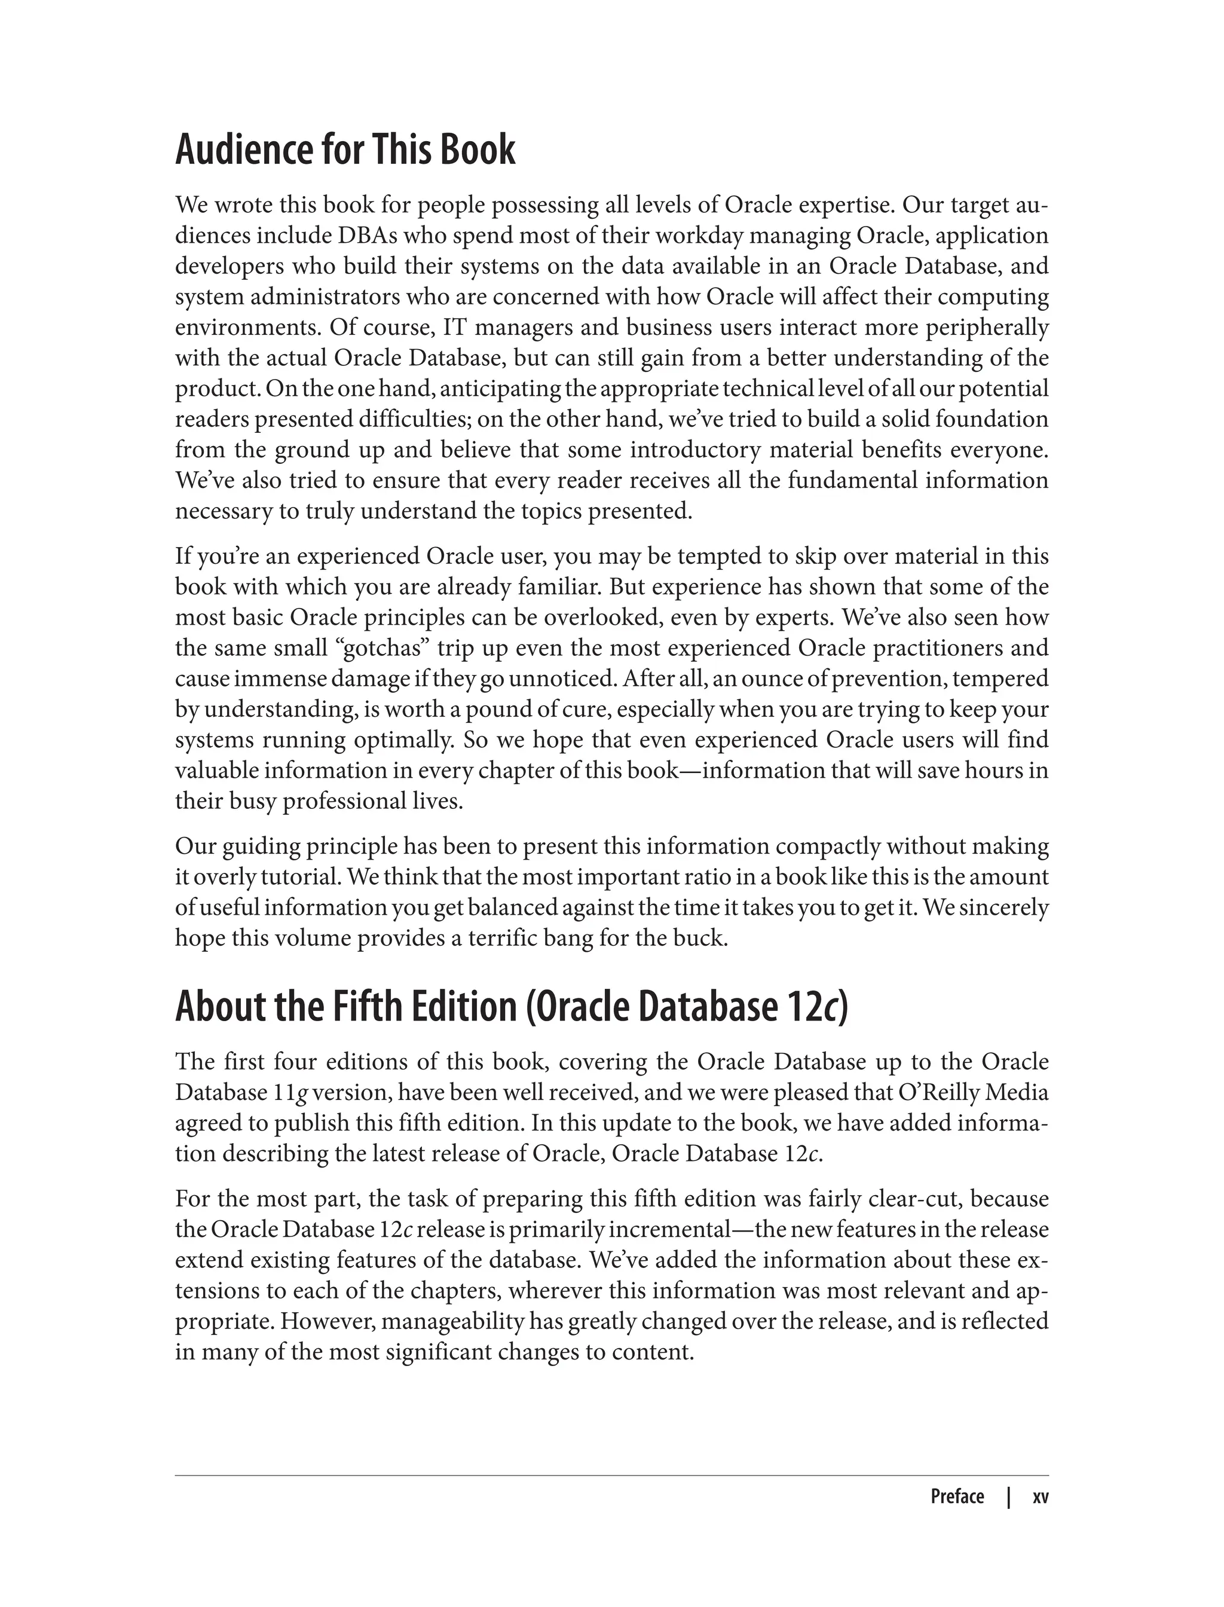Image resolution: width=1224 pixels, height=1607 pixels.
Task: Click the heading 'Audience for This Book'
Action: point(345,150)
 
